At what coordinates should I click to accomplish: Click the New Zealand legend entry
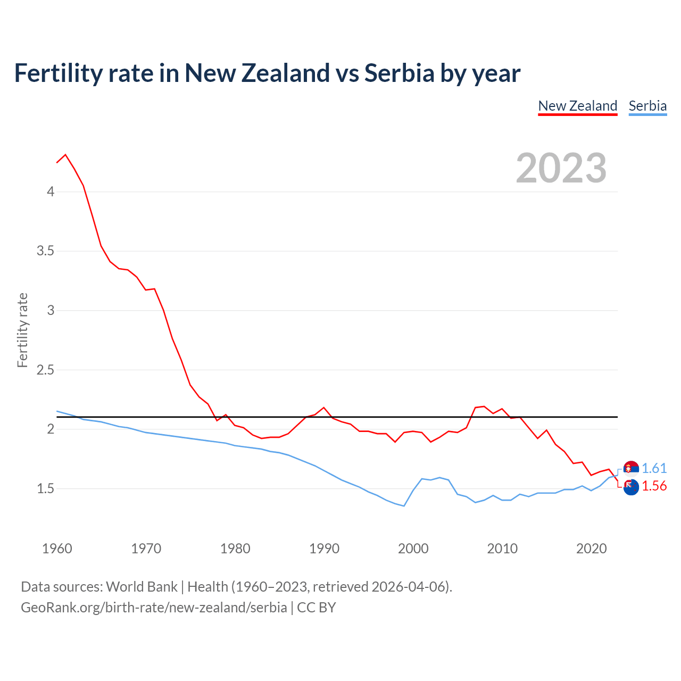(577, 106)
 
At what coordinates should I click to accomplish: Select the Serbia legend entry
(647, 106)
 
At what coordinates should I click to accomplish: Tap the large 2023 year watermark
(561, 168)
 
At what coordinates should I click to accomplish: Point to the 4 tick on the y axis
(51, 192)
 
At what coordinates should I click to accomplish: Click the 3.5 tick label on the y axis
(45, 251)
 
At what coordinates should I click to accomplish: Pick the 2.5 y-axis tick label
(45, 370)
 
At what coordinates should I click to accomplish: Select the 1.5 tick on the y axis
(45, 488)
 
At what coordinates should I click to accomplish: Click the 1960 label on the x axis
(57, 549)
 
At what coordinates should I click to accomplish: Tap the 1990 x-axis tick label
(324, 549)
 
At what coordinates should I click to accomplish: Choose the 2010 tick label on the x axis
(502, 549)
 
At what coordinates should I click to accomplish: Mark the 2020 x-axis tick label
(591, 549)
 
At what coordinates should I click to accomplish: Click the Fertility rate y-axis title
(22, 330)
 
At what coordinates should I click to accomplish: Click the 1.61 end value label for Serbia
(654, 468)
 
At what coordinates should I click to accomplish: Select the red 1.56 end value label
(654, 486)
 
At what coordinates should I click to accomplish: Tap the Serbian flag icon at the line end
(631, 468)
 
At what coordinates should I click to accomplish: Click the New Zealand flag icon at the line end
(631, 487)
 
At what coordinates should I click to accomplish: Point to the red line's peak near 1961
(65, 155)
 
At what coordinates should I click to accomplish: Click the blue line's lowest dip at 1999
(404, 505)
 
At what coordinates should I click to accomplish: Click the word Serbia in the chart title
(399, 73)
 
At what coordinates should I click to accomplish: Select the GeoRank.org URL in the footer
(154, 608)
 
